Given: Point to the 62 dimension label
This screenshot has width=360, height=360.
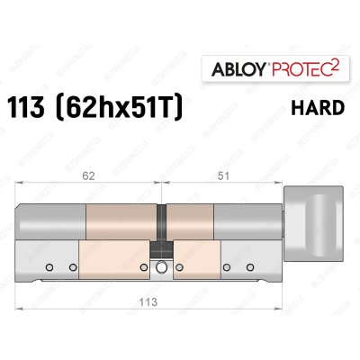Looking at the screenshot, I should [86, 177].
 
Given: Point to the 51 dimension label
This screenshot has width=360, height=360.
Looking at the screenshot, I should [220, 177].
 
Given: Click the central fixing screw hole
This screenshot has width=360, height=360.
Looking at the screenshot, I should [161, 267].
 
